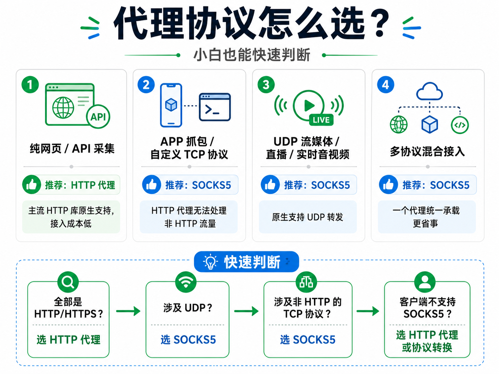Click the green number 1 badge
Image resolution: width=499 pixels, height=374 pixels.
pos(30,85)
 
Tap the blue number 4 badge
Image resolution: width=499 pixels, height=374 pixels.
pos(386,85)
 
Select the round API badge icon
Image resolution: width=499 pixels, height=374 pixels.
pos(98,117)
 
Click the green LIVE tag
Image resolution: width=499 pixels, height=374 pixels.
pos(321,120)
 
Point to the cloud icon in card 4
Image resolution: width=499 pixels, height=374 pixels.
pos(429,91)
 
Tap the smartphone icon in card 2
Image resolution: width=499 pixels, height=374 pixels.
pos(171,105)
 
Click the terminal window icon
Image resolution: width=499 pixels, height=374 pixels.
pos(215,107)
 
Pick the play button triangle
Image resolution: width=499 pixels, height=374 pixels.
pos(309,105)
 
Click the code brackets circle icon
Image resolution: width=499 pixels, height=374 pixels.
pos(460,125)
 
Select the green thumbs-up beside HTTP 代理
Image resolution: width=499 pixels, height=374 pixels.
pos(32,184)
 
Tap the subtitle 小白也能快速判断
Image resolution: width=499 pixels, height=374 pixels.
pos(252,55)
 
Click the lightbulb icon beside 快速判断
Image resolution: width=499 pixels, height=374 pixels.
pos(210,262)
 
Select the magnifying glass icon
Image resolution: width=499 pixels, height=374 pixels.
pos(68,282)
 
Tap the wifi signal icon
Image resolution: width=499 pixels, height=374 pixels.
pos(186,282)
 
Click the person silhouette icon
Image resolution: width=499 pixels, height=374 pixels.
pos(425,282)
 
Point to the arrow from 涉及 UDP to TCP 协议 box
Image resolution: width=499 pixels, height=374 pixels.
pos(246,311)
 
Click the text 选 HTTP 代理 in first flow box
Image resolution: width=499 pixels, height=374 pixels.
pos(69,340)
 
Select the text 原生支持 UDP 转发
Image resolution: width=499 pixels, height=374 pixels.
pos(307,217)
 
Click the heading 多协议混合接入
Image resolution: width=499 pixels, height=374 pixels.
pos(427,151)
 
